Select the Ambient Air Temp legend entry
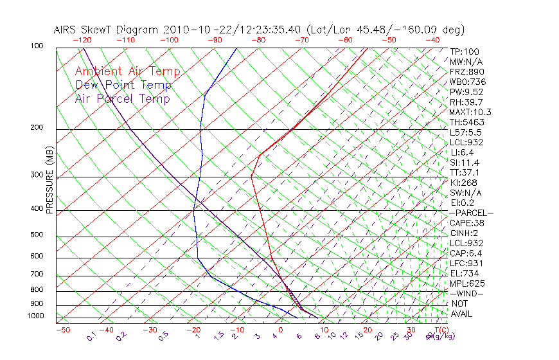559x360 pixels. coord(128,71)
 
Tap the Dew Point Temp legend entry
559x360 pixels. coord(123,85)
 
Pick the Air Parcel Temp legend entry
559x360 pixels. coord(123,98)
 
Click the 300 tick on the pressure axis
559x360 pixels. coord(37,175)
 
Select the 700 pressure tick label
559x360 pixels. coord(37,274)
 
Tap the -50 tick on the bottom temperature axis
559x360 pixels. coord(62,330)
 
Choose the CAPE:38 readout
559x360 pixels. coord(466,223)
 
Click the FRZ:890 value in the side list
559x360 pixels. coord(465,72)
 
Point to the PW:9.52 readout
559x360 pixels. coord(466,92)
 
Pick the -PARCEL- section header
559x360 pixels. coord(471,213)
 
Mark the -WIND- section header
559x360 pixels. coord(466,293)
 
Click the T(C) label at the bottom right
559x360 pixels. coord(440,330)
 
